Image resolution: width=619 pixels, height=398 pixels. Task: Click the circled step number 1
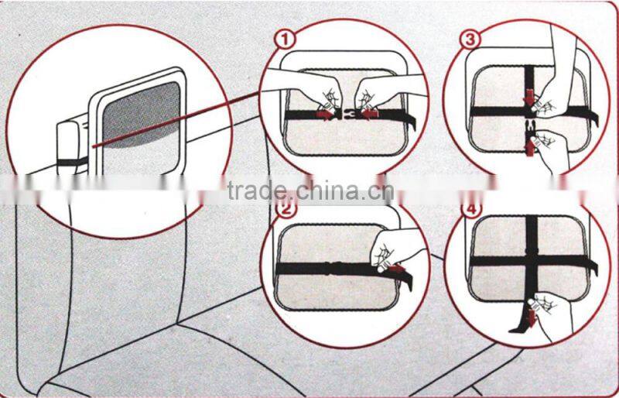pyautogui.click(x=285, y=40)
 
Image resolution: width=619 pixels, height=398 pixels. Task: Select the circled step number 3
pyautogui.click(x=471, y=40)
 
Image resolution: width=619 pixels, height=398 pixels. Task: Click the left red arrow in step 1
pyautogui.click(x=325, y=115)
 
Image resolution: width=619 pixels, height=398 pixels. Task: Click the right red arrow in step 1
pyautogui.click(x=371, y=115)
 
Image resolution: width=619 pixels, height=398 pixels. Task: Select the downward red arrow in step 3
pyautogui.click(x=530, y=98)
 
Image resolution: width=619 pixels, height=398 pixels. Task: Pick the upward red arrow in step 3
pyautogui.click(x=530, y=149)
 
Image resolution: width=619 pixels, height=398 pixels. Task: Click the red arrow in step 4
pyautogui.click(x=532, y=318)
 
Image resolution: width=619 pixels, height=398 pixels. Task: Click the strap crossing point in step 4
pyautogui.click(x=532, y=260)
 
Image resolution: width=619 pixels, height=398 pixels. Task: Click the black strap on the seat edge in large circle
pyautogui.click(x=72, y=162)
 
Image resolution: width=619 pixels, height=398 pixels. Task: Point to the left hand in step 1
pyautogui.click(x=304, y=90)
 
